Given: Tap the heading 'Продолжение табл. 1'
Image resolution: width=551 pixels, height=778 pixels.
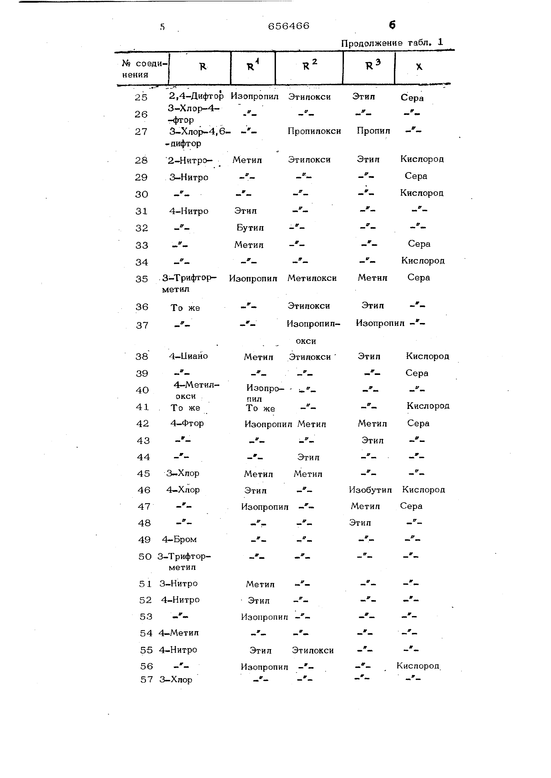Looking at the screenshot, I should click(x=392, y=43).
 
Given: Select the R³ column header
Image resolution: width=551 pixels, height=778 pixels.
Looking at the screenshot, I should click(x=373, y=65).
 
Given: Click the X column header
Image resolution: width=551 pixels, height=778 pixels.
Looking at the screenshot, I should click(x=419, y=67).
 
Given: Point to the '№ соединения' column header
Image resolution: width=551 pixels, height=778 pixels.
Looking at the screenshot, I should click(x=144, y=69).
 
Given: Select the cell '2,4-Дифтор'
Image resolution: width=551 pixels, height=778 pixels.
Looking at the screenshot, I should click(x=196, y=96).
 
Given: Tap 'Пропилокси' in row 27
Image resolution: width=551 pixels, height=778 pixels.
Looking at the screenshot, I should click(x=314, y=131).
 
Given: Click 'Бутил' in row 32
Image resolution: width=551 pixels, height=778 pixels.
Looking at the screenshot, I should click(x=250, y=228).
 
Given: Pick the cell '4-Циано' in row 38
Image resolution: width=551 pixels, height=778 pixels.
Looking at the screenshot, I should click(x=189, y=356).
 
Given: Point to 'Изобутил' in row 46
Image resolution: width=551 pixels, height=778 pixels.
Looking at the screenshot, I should click(x=370, y=490).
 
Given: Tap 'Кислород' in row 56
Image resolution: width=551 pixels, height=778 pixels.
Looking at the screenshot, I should click(x=418, y=666).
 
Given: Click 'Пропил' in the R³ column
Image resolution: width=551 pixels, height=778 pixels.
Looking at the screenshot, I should click(x=373, y=131).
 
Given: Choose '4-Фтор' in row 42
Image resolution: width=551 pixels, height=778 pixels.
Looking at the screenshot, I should click(x=187, y=423).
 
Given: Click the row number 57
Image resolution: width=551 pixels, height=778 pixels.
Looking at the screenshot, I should click(x=147, y=680).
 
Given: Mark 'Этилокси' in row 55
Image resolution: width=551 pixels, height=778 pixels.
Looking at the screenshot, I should click(x=313, y=651).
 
